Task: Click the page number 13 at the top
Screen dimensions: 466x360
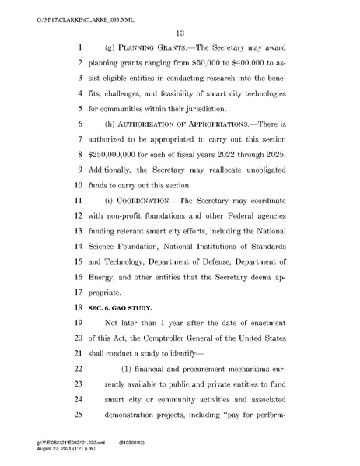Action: click(x=179, y=32)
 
